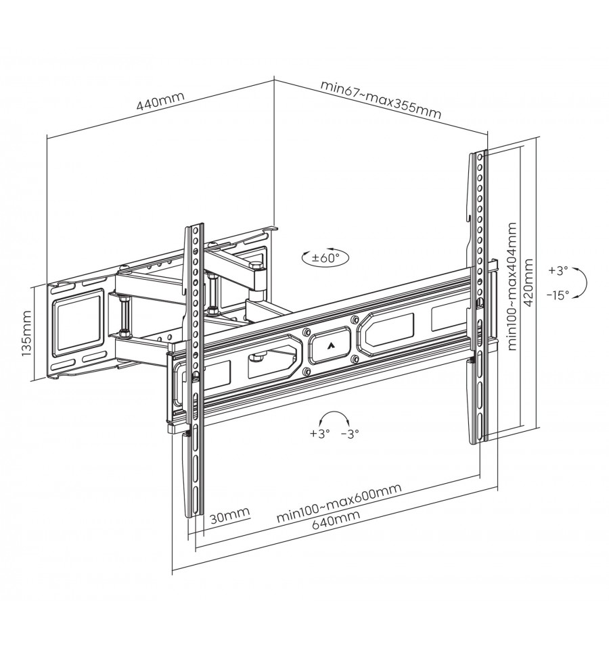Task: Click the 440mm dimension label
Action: pos(160,101)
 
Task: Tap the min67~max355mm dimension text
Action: pos(380,99)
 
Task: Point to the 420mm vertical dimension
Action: pos(528,282)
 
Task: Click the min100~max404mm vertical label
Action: pos(512,286)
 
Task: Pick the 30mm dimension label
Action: pos(229,515)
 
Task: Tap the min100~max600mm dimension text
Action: pos(339,502)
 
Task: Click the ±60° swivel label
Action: pos(325,258)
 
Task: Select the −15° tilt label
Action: pos(558,295)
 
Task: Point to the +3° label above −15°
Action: pos(558,271)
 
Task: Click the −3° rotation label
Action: pos(350,434)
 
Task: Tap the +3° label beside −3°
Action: pos(320,434)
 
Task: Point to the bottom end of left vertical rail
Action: pos(194,515)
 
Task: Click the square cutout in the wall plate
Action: pos(78,318)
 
